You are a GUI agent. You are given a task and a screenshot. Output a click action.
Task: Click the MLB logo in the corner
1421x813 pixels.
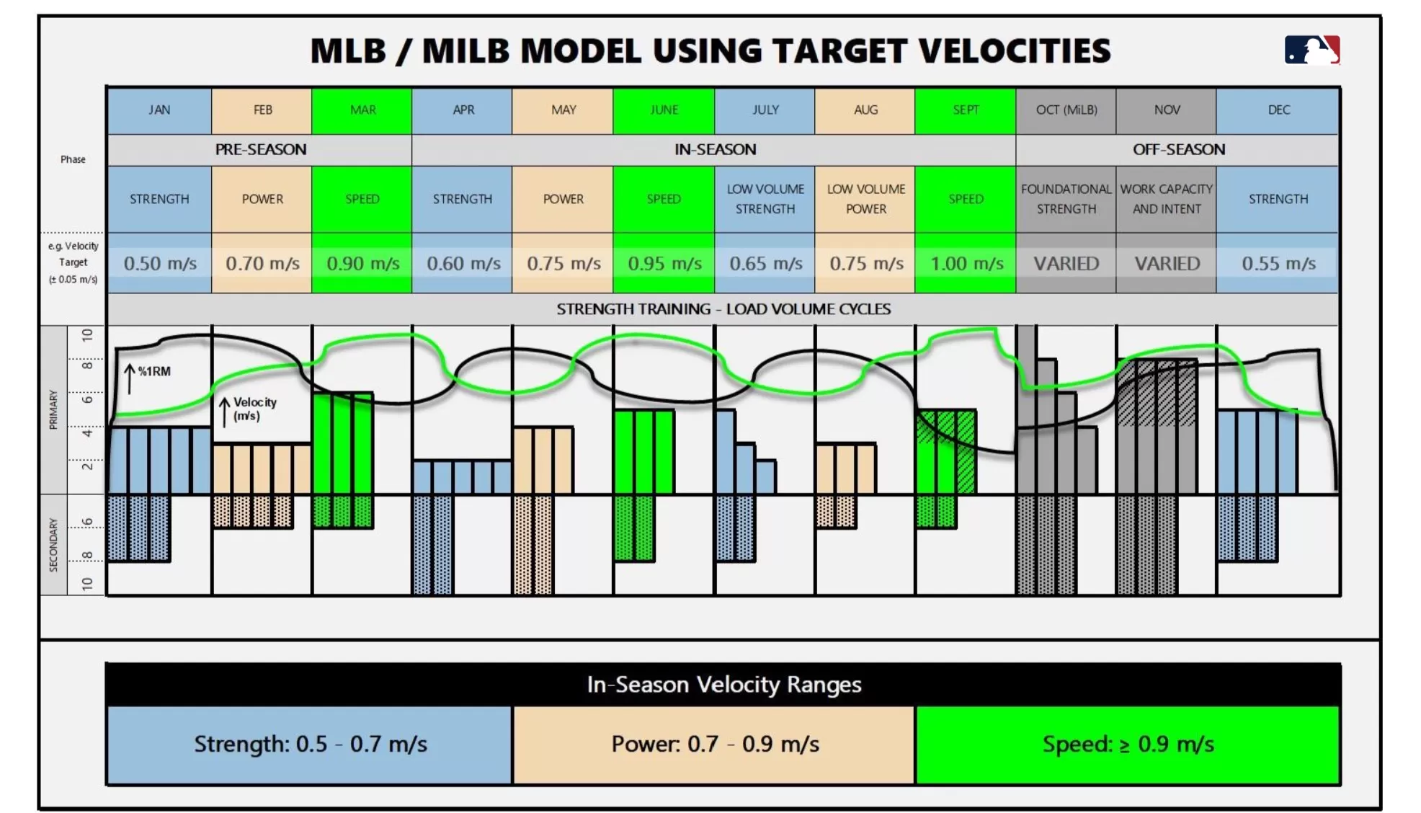pyautogui.click(x=1311, y=50)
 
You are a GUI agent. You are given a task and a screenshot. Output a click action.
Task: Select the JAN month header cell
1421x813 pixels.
pyautogui.click(x=159, y=110)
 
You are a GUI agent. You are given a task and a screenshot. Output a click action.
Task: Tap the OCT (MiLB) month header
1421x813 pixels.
pyautogui.click(x=1066, y=110)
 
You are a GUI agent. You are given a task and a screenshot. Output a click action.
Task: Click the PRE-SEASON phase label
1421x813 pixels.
pyautogui.click(x=260, y=150)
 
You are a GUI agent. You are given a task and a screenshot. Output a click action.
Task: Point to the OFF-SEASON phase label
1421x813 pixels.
pyautogui.click(x=1178, y=150)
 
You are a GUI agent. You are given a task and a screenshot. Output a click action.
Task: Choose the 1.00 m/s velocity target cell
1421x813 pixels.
pyautogui.click(x=966, y=264)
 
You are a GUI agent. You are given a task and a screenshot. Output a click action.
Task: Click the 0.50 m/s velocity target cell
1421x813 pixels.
pyautogui.click(x=159, y=264)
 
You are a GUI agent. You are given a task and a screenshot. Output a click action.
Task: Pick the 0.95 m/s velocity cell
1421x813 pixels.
pyautogui.click(x=664, y=264)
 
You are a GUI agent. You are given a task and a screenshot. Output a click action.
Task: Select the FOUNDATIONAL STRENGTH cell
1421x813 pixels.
pyautogui.click(x=1066, y=199)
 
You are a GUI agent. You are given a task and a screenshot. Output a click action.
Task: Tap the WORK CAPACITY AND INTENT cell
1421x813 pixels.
pyautogui.click(x=1166, y=199)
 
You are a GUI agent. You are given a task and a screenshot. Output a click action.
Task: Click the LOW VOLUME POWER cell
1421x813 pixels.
pyautogui.click(x=865, y=199)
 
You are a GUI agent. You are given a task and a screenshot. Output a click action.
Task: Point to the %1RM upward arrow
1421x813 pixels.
pyautogui.click(x=130, y=378)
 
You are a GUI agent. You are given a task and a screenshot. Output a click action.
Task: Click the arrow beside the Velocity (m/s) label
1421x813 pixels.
pyautogui.click(x=225, y=412)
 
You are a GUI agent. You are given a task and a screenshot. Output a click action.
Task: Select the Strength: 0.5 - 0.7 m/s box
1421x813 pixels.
pyautogui.click(x=310, y=745)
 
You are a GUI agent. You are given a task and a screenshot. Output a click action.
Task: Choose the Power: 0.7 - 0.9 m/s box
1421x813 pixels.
pyautogui.click(x=714, y=745)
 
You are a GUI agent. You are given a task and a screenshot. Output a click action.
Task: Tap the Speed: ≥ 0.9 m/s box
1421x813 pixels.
pyautogui.click(x=1128, y=745)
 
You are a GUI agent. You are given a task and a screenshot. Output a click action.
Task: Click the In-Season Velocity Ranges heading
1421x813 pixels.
pyautogui.click(x=723, y=685)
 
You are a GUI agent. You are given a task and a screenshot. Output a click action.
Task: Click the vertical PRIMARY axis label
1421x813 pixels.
pyautogui.click(x=53, y=409)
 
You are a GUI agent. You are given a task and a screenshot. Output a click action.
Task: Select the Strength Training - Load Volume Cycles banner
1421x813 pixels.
pyautogui.click(x=723, y=309)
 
